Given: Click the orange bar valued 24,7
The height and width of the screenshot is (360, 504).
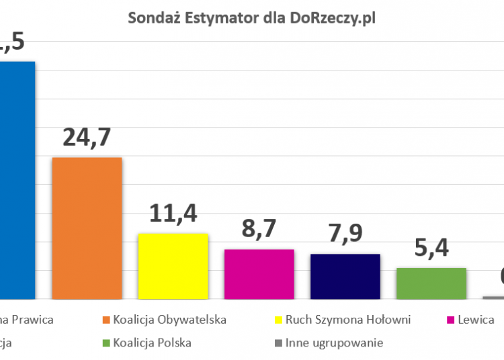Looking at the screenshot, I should (87, 228).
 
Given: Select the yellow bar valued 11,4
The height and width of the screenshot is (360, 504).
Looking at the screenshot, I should (173, 266).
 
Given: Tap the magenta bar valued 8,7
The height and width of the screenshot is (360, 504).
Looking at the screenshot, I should (259, 274).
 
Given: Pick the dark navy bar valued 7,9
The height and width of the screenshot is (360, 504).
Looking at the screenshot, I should (345, 276).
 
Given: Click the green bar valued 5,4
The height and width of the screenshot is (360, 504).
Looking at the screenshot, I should (431, 283).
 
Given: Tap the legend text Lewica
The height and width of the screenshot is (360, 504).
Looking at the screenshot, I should (477, 320).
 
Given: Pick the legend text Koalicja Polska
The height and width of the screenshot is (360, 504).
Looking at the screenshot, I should (152, 343).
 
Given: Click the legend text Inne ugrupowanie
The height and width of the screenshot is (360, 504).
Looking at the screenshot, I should (334, 343).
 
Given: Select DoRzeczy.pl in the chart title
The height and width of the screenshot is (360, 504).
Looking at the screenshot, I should (333, 18).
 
